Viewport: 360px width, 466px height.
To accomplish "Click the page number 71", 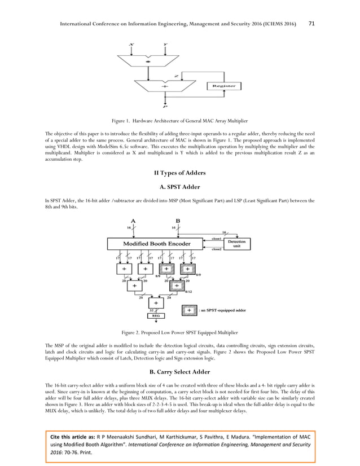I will [313, 8].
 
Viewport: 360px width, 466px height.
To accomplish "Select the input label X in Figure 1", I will [131, 44].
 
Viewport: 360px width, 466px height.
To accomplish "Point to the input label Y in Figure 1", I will [164, 44].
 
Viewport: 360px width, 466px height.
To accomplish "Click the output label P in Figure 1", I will [164, 106].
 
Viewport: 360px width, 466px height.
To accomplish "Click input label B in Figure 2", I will [178, 220].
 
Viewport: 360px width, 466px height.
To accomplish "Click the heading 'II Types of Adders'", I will [180, 172].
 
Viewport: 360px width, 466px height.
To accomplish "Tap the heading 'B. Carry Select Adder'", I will [180, 372].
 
